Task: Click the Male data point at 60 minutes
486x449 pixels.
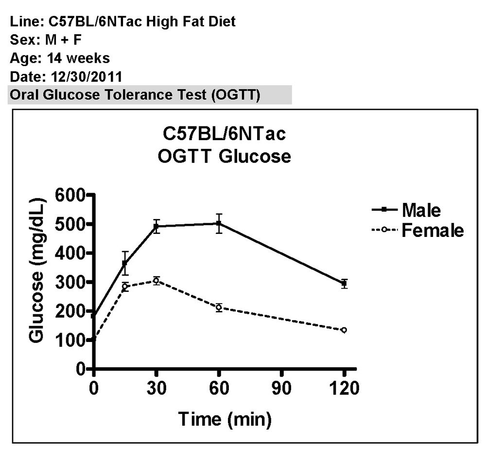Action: [x=219, y=224]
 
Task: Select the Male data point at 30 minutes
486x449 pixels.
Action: [x=156, y=227]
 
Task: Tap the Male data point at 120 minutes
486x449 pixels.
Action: [x=344, y=283]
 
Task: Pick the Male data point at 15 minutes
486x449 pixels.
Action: [x=125, y=264]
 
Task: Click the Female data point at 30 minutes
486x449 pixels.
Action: [x=156, y=280]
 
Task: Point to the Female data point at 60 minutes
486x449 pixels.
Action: [x=219, y=307]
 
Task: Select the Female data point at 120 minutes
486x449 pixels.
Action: [x=344, y=330]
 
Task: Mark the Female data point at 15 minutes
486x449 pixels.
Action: [x=125, y=287]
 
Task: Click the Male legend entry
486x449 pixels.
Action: [x=421, y=210]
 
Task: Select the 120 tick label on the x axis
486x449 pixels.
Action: [x=344, y=389]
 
